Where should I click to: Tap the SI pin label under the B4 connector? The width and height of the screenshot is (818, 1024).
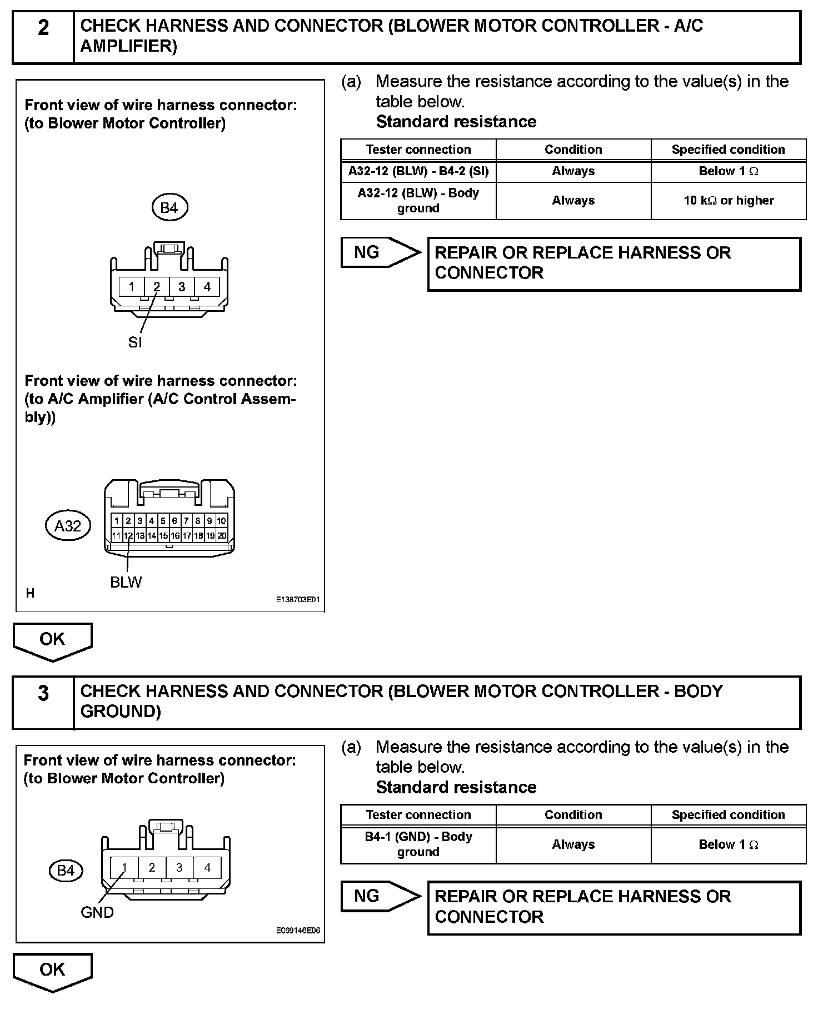coord(135,343)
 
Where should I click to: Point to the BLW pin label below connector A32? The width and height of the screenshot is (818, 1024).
coord(126,583)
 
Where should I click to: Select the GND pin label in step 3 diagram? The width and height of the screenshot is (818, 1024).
coord(97,912)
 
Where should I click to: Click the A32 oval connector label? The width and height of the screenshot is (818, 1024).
coord(67,526)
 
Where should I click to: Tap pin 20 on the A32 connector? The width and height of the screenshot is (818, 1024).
coord(222,536)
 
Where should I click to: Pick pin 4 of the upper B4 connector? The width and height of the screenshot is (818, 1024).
coord(207,287)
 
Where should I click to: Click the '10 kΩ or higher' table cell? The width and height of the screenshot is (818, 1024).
coord(729,201)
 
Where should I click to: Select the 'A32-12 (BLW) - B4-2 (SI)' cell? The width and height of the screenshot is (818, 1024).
coord(418,171)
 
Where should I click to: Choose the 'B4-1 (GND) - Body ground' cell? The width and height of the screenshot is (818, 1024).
coord(418,844)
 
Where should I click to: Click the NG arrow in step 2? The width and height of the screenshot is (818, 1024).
coord(381,253)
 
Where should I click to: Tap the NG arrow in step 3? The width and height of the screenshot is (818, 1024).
coord(381,896)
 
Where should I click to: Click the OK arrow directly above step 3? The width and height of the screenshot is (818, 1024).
coord(52,640)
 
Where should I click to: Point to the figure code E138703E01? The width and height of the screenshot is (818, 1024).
coord(298,600)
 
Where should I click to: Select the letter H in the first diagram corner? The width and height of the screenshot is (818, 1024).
coord(31,594)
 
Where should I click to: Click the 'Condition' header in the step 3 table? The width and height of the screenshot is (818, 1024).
coord(573,815)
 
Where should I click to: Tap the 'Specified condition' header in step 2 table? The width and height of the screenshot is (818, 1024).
coord(729,150)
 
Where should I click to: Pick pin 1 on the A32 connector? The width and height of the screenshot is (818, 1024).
coord(117,521)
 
